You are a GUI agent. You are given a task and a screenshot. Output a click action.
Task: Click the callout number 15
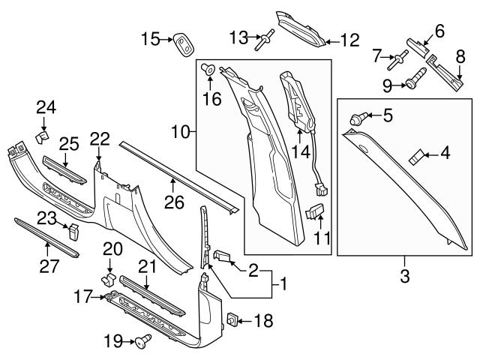coord(150,38)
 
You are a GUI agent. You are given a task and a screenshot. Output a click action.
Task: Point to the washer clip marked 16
coord(209,70)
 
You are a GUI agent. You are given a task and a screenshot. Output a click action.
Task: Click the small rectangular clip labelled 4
coord(415,157)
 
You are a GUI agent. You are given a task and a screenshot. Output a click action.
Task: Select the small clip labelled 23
coord(73,230)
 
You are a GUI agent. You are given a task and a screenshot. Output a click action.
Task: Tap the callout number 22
coord(99,139)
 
